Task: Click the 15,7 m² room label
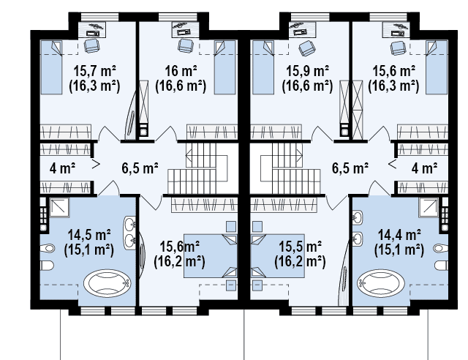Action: [94, 72]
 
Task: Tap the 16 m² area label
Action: [181, 72]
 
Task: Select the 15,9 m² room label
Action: [307, 72]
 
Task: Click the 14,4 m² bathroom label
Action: [399, 235]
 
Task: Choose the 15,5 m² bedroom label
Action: [300, 247]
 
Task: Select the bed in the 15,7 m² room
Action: [51, 67]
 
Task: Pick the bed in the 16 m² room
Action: [224, 67]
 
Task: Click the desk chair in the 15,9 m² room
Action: [307, 48]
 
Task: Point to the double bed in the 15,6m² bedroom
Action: [211, 256]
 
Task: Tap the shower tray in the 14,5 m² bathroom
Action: [59, 207]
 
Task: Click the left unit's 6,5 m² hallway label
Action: [140, 168]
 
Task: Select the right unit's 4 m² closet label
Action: [424, 168]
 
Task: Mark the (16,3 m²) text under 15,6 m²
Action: [393, 86]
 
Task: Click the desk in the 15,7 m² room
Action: [92, 29]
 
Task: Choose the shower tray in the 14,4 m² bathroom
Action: [429, 207]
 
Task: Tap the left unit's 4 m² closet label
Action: [62, 168]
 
